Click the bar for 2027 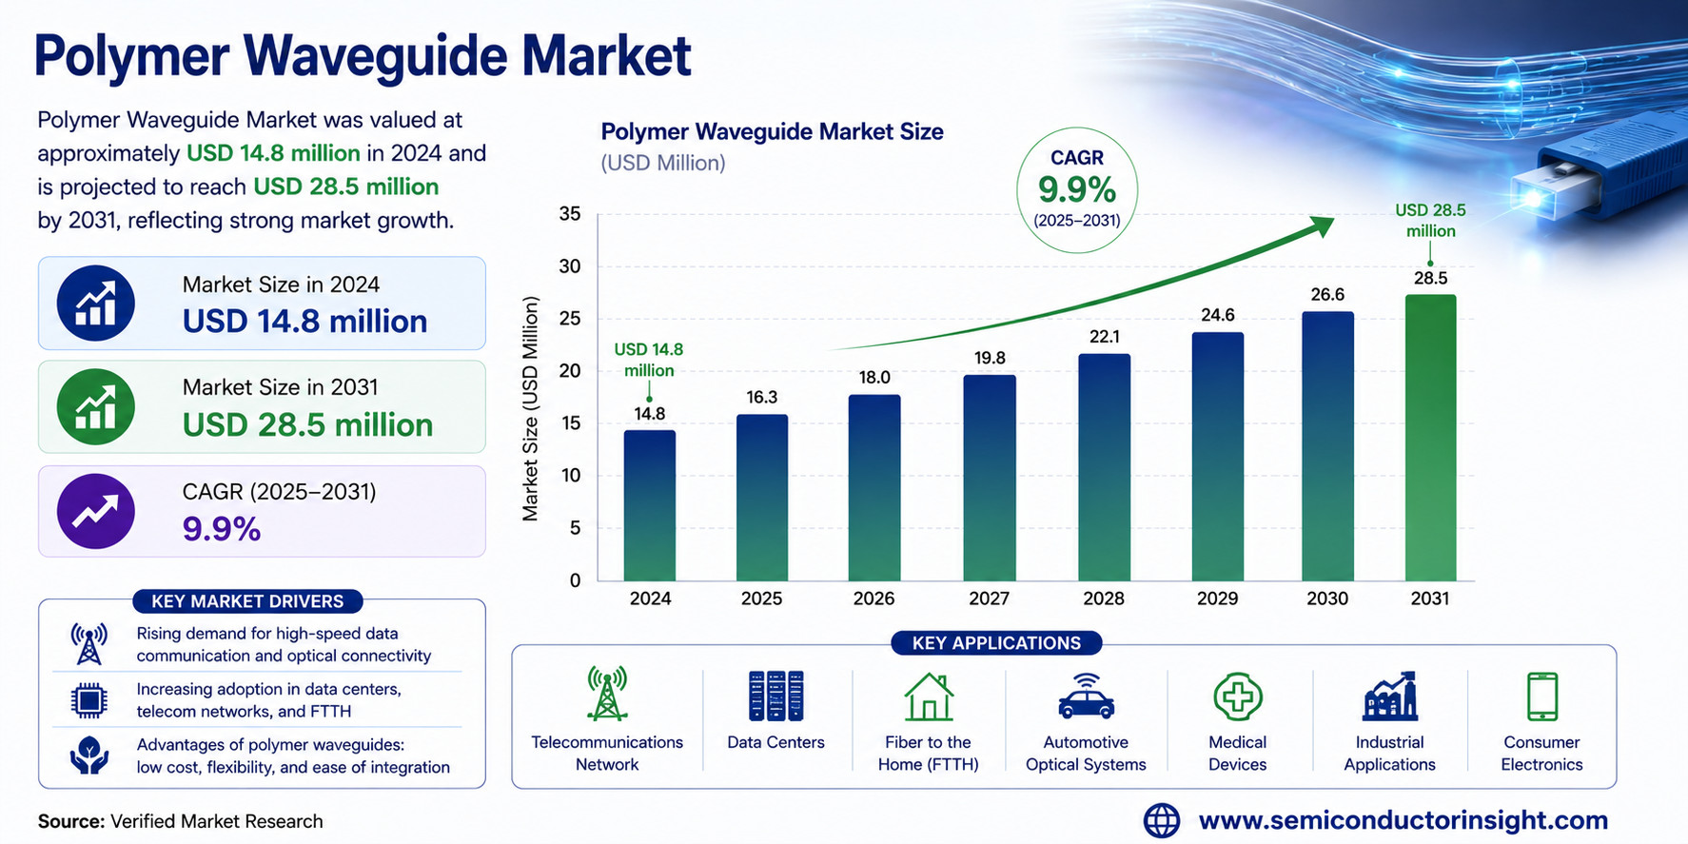(x=990, y=478)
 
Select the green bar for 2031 (x=1430, y=438)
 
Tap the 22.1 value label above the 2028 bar (x=1104, y=337)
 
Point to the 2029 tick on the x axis (x=1217, y=599)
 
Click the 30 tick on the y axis (x=570, y=266)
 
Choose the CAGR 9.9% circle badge (x=1077, y=190)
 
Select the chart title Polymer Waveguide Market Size (x=772, y=132)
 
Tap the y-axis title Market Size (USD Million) (x=530, y=408)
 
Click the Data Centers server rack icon (x=775, y=696)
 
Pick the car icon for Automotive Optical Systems (x=1086, y=697)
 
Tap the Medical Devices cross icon (x=1238, y=697)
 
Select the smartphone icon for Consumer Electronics (x=1541, y=697)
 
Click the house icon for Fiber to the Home (x=928, y=697)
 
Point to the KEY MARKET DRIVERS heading (x=247, y=601)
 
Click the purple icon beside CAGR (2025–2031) (x=95, y=511)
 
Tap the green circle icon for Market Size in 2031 (x=95, y=407)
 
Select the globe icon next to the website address (x=1161, y=820)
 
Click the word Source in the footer (x=70, y=821)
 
